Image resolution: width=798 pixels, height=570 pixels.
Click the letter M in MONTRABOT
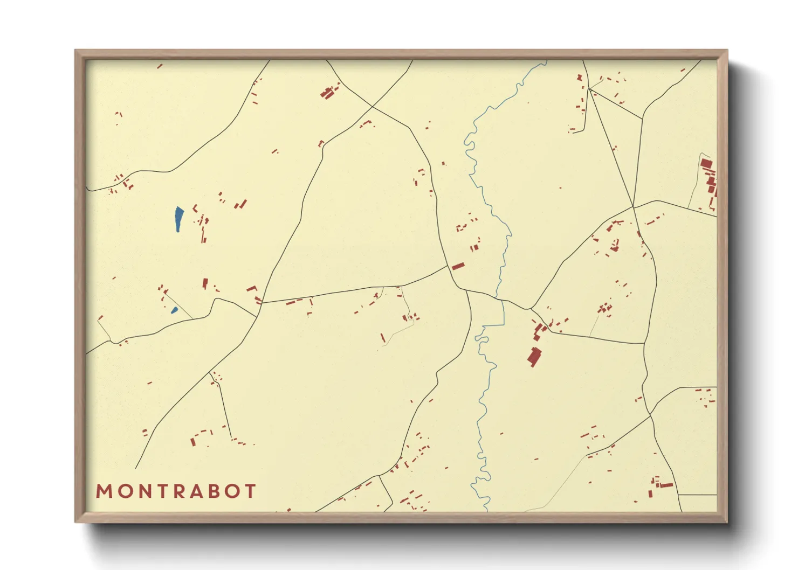pos(104,491)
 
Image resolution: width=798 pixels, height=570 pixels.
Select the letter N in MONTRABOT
pos(141,491)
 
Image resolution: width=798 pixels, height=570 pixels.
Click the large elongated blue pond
pos(178,219)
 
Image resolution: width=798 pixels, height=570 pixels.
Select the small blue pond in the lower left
pos(174,310)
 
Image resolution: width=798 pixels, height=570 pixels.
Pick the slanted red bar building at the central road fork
pos(458,266)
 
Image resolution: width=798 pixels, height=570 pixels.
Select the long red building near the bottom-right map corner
pos(666,485)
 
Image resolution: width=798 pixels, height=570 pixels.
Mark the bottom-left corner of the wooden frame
pos(76,522)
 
